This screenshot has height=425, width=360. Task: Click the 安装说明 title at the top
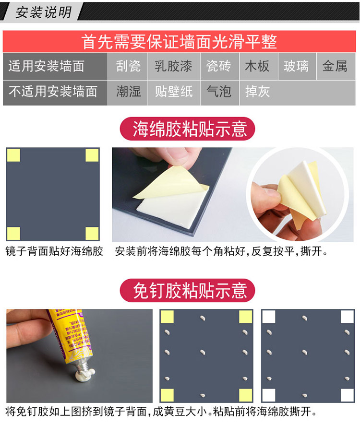tap(43, 12)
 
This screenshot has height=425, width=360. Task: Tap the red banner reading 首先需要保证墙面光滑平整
tap(179, 41)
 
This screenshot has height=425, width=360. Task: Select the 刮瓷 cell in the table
tap(127, 66)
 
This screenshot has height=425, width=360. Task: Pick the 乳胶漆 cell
tap(174, 66)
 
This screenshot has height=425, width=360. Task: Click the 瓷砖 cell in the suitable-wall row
tap(219, 66)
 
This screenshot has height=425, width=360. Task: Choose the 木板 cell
tap(259, 66)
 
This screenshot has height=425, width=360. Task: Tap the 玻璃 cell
tap(297, 66)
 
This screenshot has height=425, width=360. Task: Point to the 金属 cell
tap(336, 66)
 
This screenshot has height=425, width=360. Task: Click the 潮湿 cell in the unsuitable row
tap(127, 93)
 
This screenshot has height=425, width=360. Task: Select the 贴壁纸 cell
tap(174, 93)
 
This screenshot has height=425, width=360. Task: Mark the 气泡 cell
tap(219, 93)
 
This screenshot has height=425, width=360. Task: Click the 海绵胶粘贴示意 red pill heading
tap(188, 129)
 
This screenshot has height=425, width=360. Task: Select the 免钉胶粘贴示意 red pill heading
tap(188, 290)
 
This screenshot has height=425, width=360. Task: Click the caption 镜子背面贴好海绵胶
tap(54, 251)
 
